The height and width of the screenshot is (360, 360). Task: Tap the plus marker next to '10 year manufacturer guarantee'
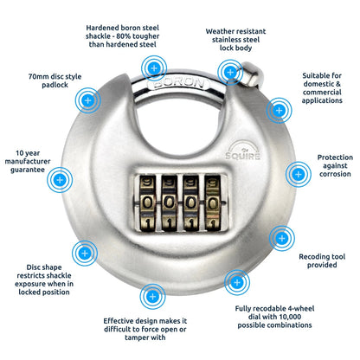tap(60, 181)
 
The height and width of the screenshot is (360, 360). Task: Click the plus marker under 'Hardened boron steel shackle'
tap(155, 67)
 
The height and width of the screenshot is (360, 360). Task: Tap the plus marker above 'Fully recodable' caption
tap(234, 281)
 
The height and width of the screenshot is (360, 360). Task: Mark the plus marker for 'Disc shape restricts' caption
tap(84, 254)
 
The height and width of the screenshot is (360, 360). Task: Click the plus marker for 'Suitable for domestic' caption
tap(278, 108)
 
